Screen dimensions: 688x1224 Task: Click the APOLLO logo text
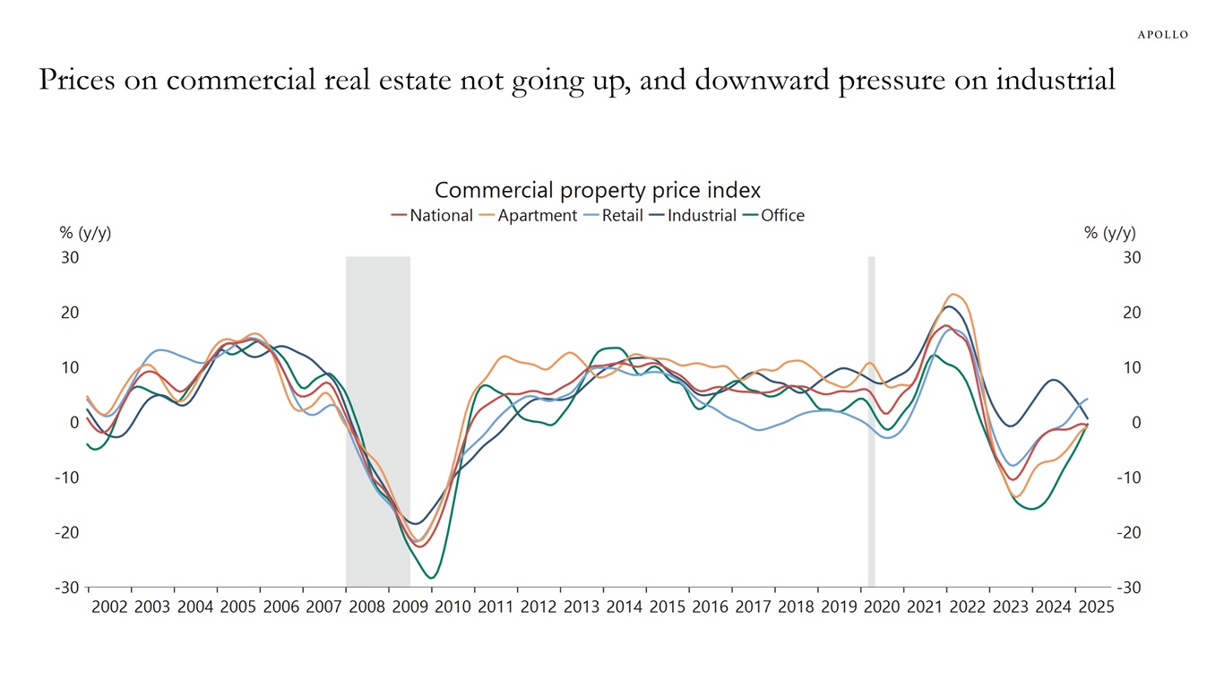coord(1163,35)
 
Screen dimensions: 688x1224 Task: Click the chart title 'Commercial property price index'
coord(598,190)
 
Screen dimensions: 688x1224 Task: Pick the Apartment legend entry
coord(537,215)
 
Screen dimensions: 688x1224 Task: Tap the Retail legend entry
coord(622,215)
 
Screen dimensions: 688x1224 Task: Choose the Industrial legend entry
coord(702,215)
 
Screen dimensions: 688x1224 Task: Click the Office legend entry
coord(782,215)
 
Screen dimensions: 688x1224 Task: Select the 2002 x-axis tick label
coord(110,606)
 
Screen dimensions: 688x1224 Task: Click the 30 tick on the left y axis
coord(70,258)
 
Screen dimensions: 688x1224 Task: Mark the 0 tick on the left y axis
coord(74,423)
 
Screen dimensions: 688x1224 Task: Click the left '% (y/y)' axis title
coord(85,233)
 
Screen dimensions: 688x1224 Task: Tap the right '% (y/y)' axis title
coord(1109,233)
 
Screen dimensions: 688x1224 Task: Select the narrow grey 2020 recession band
coord(871,421)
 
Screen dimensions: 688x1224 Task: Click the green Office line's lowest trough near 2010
coord(432,578)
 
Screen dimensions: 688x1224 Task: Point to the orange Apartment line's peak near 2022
coord(954,294)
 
